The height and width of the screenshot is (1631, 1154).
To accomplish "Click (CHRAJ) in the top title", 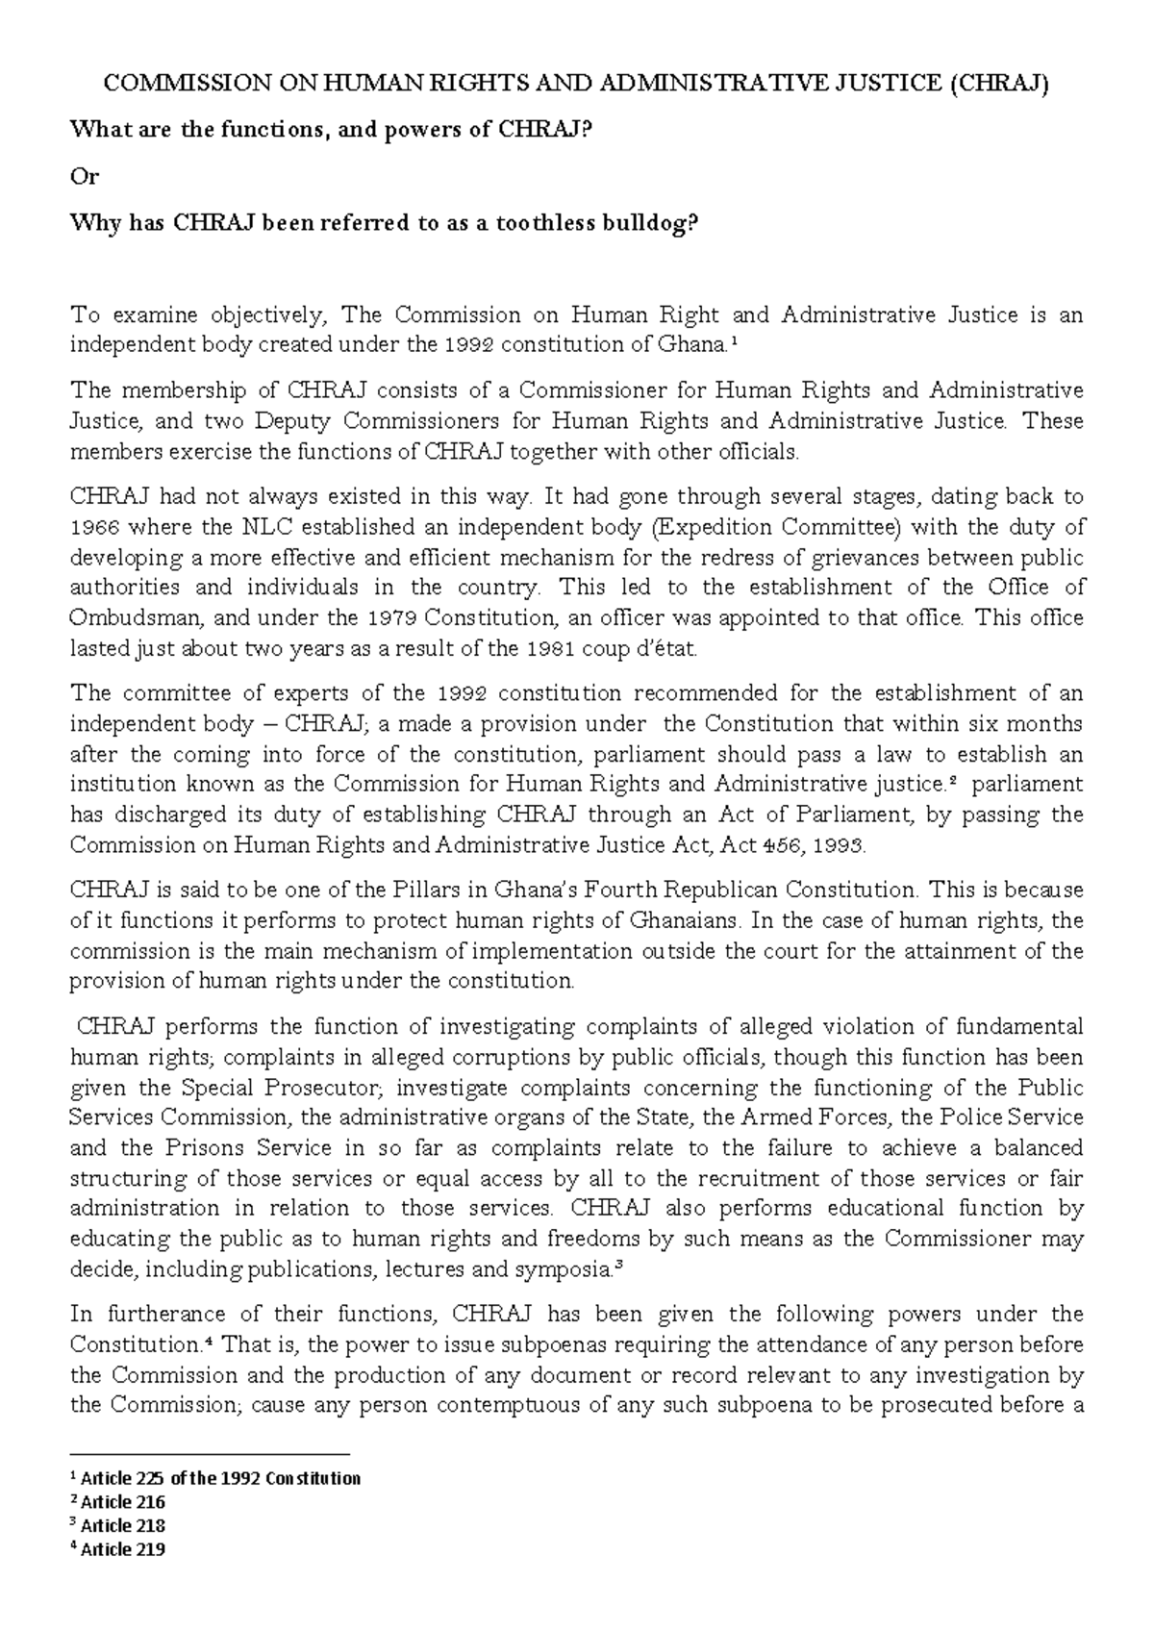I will click(999, 84).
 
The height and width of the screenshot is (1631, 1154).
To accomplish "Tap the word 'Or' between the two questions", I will click(85, 177).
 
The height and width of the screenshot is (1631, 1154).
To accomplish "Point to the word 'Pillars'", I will click(369, 890).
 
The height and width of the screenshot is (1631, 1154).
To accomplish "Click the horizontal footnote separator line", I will click(211, 1455).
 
